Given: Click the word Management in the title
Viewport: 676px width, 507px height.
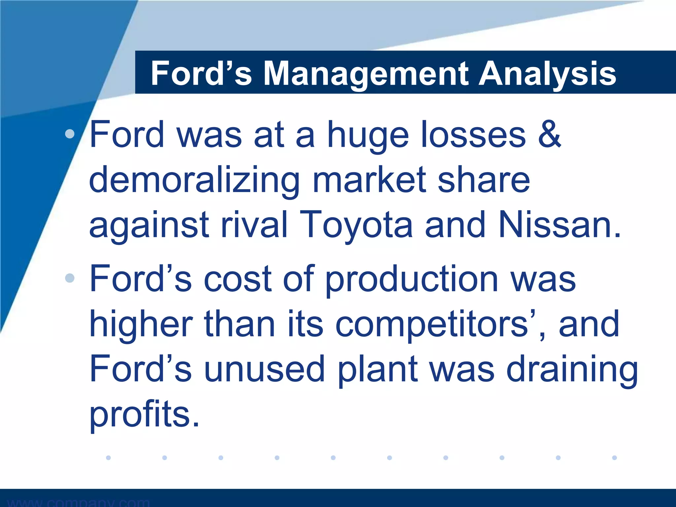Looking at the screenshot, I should tap(366, 74).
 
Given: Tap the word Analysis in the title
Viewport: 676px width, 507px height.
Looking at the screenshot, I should tap(547, 74).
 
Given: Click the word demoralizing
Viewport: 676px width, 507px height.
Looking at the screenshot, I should tap(194, 180).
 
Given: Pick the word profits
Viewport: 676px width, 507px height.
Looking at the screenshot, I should tap(144, 415).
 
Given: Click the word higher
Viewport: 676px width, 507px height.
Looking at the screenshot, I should tap(141, 325).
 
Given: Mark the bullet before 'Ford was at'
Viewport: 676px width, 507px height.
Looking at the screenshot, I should tap(70, 134).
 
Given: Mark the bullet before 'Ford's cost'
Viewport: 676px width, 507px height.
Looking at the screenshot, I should tap(70, 278).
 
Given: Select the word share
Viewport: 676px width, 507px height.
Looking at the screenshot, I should tap(484, 180).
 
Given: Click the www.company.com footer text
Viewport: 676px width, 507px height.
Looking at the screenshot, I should tap(79, 502).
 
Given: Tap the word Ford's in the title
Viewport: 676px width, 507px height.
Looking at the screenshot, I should tap(201, 74).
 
